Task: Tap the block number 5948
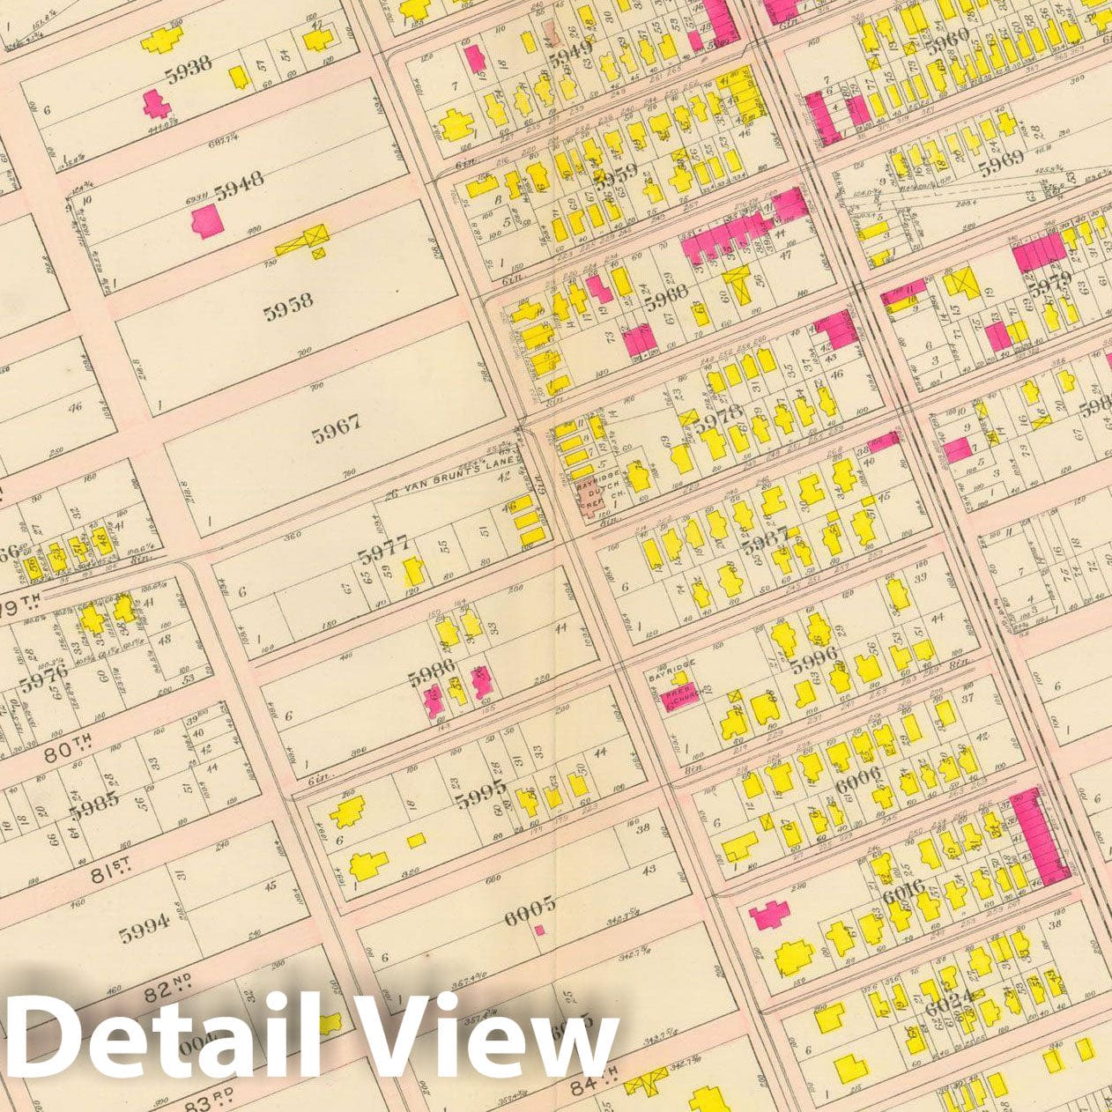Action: [x=238, y=187]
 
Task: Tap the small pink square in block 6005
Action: [x=539, y=929]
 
